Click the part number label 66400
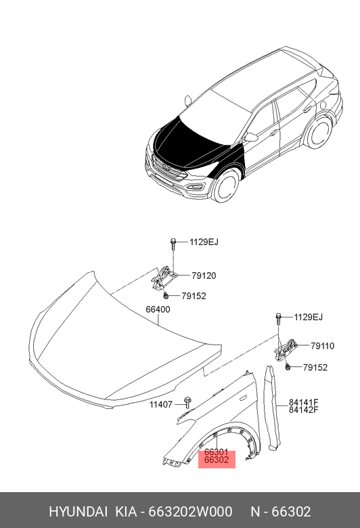[x=158, y=309]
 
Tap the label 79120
[x=204, y=276]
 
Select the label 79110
[x=322, y=346]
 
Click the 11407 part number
[x=160, y=404]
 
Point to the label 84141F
[x=303, y=402]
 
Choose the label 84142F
[x=303, y=410]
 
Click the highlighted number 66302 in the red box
[x=217, y=460]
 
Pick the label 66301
[x=217, y=452]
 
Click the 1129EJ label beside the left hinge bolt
[x=204, y=242]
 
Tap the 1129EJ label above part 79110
[x=308, y=317]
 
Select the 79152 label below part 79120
[x=194, y=296]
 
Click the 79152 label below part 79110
[x=315, y=368]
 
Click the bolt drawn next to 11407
[x=187, y=402]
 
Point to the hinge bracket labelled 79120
[x=162, y=278]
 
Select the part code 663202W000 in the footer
[x=190, y=512]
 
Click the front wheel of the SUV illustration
[x=225, y=186]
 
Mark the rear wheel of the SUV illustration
[x=317, y=132]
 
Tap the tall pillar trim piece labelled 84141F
[x=272, y=408]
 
